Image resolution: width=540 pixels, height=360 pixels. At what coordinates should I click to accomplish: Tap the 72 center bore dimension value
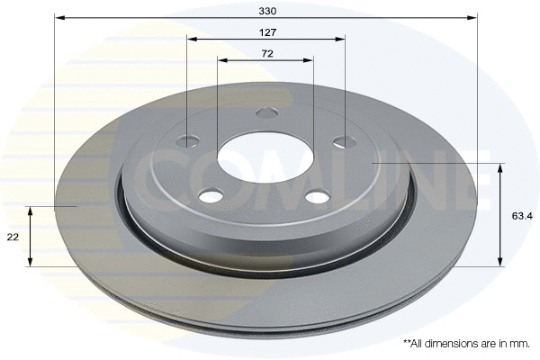[x=266, y=54]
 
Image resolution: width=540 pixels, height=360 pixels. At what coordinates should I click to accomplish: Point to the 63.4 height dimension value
[x=521, y=216]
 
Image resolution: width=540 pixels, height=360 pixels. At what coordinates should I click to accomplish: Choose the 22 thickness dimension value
[x=13, y=237]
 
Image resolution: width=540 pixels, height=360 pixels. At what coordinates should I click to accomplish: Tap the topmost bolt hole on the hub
[x=265, y=113]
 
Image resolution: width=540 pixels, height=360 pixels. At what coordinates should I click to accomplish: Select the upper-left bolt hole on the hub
[x=188, y=140]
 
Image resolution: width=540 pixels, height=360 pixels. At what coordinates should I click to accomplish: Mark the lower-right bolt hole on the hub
[x=317, y=197]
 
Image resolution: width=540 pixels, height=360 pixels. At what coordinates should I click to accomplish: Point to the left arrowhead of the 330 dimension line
[x=58, y=17]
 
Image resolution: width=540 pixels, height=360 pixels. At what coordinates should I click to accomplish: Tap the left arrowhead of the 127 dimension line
[x=191, y=39]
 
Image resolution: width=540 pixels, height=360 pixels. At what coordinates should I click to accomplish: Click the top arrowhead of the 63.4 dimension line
[x=500, y=168]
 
